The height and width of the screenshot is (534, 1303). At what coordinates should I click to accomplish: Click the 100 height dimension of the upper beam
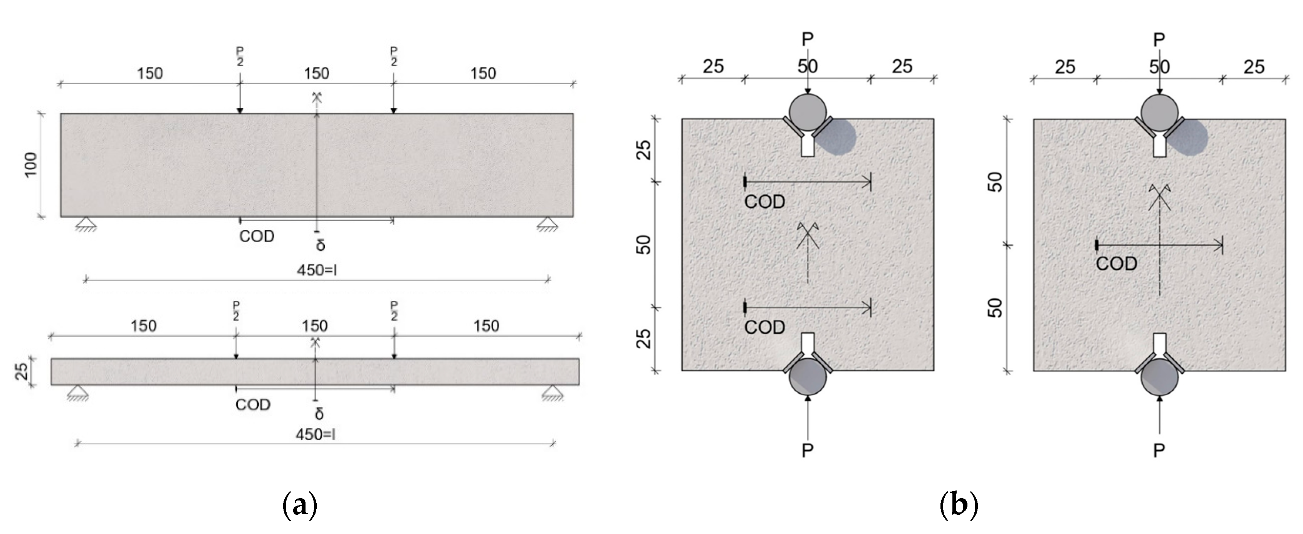tap(31, 165)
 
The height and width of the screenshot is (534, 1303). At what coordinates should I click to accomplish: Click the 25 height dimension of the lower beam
tap(21, 372)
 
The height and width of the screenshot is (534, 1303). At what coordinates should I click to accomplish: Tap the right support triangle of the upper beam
tap(547, 224)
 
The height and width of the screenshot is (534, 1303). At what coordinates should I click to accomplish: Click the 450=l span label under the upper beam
tap(317, 270)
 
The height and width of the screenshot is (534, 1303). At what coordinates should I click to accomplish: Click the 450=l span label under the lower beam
tap(316, 434)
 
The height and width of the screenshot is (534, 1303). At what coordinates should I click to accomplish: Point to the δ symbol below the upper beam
tap(320, 245)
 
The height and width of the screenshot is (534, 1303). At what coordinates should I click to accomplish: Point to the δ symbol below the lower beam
tap(319, 414)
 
